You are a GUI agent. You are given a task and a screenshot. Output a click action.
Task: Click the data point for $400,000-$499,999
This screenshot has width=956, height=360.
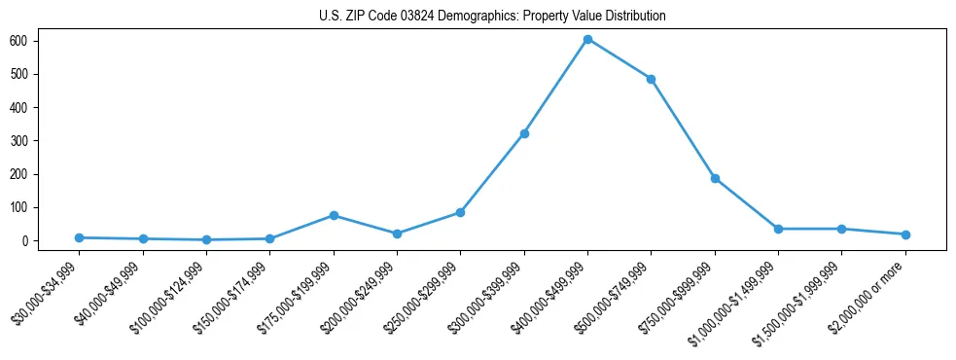click(587, 39)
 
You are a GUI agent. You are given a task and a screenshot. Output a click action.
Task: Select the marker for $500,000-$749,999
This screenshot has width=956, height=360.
click(651, 79)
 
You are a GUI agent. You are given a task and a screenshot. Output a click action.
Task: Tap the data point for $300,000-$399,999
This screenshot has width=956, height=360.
click(524, 133)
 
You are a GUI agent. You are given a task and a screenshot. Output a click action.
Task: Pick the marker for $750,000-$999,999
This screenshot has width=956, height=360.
click(715, 178)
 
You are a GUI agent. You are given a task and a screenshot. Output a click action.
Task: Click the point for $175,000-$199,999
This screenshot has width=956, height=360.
click(334, 215)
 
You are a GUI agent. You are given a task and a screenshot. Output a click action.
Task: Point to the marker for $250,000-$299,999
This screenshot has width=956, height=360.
click(460, 212)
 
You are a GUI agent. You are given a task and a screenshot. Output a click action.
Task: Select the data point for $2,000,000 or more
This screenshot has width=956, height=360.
click(905, 234)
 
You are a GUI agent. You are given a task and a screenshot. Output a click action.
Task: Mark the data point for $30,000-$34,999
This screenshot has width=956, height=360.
click(80, 237)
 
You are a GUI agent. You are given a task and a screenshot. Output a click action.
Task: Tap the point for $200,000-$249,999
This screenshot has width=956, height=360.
click(397, 234)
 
